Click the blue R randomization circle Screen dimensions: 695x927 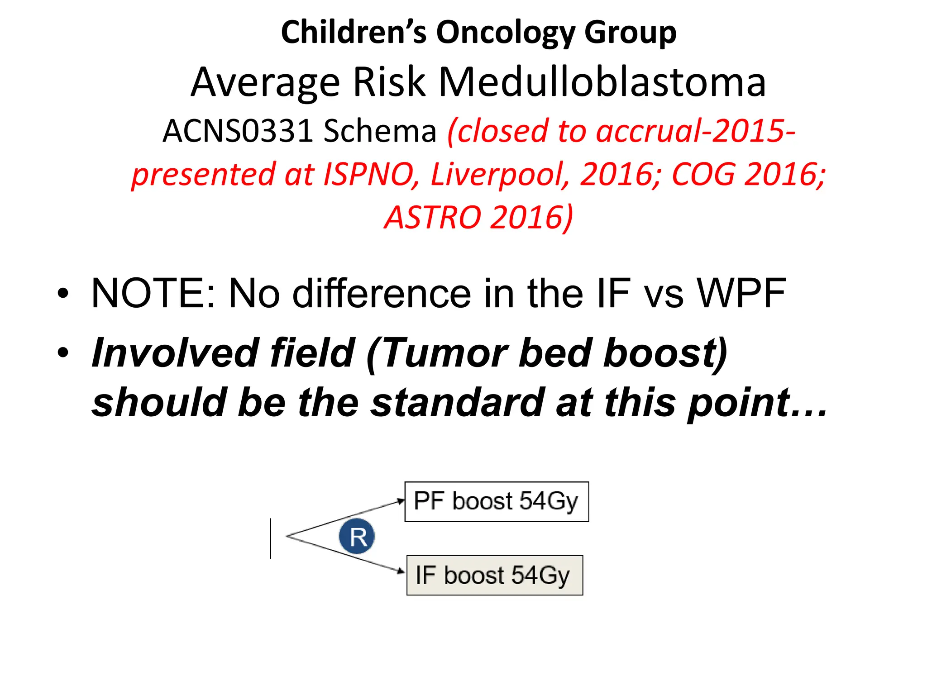click(x=357, y=537)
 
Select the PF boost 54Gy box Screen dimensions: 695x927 click(x=497, y=502)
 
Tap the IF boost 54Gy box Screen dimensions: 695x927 click(x=495, y=575)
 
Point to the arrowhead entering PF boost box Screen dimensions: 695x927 click(x=401, y=501)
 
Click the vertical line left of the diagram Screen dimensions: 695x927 click(x=271, y=538)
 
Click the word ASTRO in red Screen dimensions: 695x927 click(x=432, y=218)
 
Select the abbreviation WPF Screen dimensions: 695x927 click(x=741, y=293)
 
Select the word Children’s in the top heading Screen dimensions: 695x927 click(x=354, y=33)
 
